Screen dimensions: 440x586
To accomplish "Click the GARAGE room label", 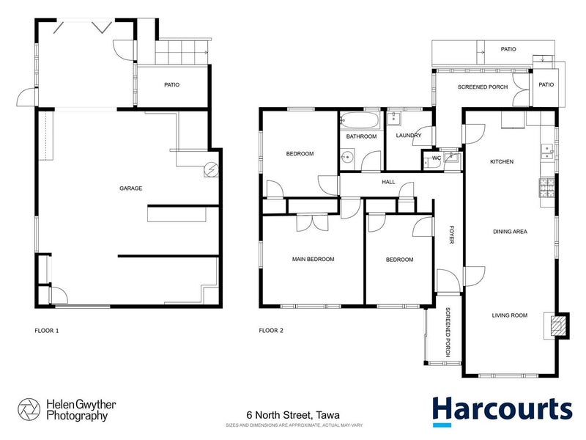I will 130,188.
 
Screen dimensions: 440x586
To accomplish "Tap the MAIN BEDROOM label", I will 313,260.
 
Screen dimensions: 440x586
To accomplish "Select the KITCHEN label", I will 502,161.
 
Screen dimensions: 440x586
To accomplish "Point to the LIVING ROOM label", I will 509,315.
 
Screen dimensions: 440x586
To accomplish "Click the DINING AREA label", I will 510,232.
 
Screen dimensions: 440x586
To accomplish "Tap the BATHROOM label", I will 361,136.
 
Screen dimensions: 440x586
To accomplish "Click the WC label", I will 435,158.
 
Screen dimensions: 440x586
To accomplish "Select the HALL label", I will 388,182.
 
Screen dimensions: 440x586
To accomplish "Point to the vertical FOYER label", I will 452,235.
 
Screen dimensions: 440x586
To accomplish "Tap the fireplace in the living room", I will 558,325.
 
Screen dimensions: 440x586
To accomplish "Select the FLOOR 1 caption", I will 47,331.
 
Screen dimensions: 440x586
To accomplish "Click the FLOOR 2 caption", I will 271,331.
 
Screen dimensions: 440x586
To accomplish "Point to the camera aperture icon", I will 29,409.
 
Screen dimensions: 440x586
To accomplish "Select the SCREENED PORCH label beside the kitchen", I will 483,87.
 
